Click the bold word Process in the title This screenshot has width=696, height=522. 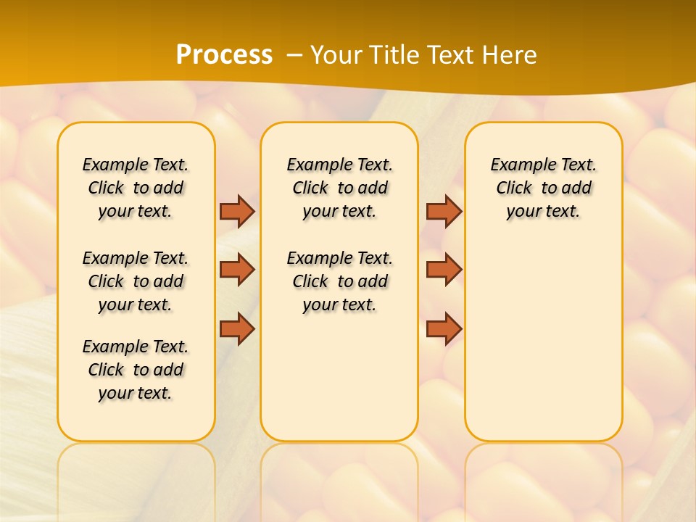click(x=224, y=55)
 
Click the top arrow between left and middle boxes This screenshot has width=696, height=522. click(x=237, y=211)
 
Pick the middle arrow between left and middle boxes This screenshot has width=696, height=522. click(x=237, y=270)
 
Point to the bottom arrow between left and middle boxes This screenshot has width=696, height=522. click(x=237, y=328)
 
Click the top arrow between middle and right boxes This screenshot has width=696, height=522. click(x=444, y=211)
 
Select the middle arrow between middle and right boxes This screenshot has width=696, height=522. click(x=444, y=270)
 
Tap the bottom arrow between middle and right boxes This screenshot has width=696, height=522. click(x=444, y=328)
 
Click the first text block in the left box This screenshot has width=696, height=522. click(x=136, y=188)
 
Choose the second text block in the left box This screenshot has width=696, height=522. click(x=136, y=281)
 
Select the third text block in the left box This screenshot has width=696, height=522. click(x=136, y=370)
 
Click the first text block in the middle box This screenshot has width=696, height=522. click(x=339, y=188)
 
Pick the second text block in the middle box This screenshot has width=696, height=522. click(x=339, y=281)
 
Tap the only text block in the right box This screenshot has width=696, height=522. click(x=544, y=188)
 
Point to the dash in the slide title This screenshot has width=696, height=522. click(x=294, y=56)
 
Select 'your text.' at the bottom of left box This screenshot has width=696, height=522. click(x=136, y=393)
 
